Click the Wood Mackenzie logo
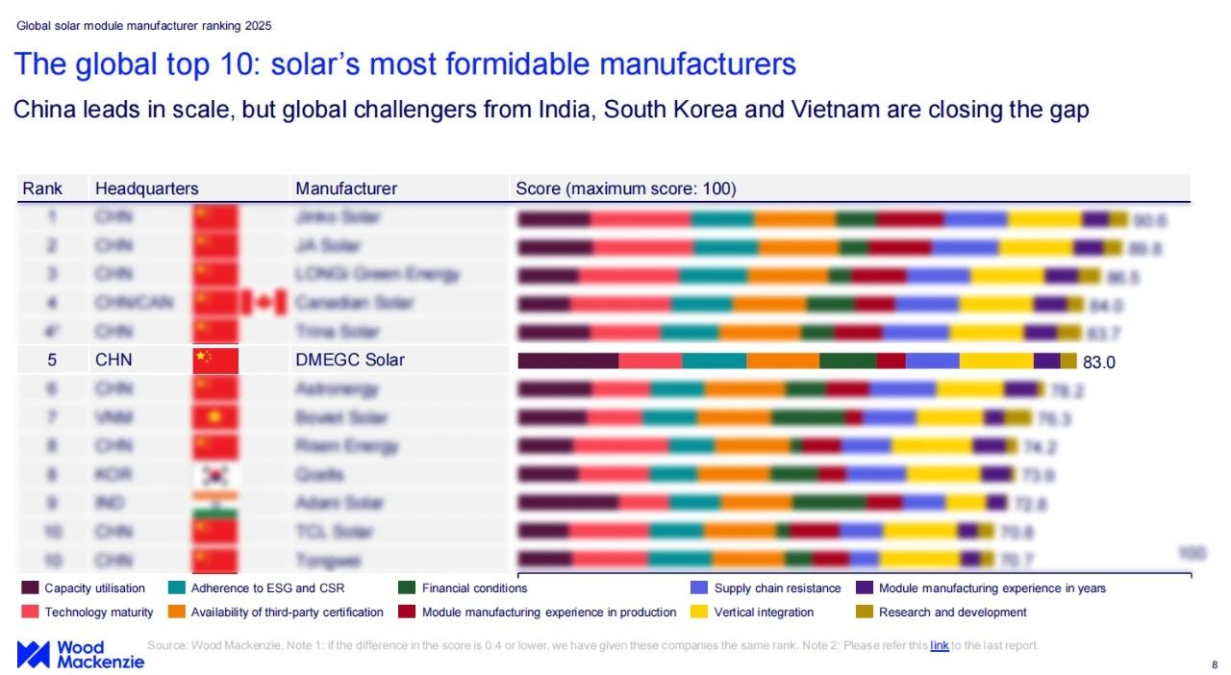80,654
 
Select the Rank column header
42,188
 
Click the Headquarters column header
146,188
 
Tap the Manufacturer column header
345,188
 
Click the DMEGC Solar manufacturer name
350,361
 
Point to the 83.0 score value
1099,362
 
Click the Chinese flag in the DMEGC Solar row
215,361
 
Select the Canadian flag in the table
264,303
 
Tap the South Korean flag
215,475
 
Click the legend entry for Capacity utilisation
93,588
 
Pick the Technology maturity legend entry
98,612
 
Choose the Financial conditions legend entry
474,588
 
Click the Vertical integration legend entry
763,612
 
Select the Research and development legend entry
952,612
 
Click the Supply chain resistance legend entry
776,588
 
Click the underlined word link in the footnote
939,645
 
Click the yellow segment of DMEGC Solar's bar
995,361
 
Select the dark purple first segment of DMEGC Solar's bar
567,361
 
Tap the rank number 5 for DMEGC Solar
52,361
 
